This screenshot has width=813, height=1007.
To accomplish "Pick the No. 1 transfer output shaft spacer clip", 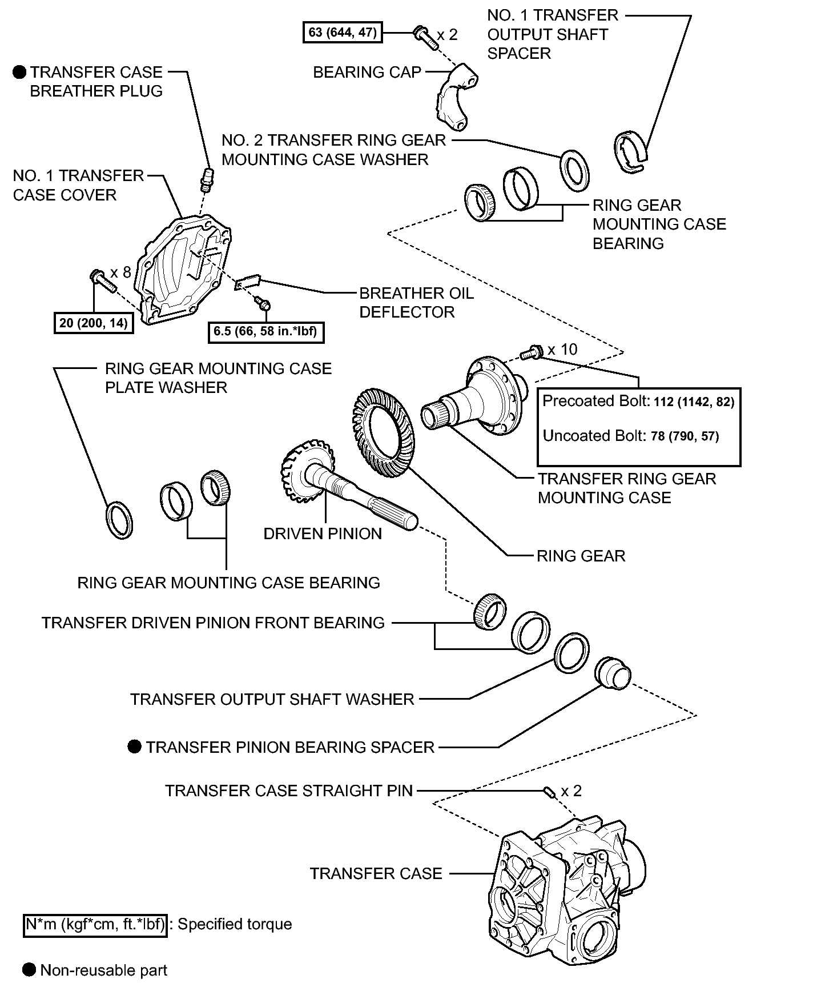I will coord(630,152).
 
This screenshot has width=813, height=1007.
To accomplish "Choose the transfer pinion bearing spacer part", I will coord(613,672).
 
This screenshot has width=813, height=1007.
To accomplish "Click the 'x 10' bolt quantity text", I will coord(562,349).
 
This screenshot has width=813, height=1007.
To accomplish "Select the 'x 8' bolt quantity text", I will coord(120,272).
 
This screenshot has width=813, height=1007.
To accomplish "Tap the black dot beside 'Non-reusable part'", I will coord(29,969).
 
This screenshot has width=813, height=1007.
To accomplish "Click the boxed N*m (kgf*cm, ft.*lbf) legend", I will coord(95,924).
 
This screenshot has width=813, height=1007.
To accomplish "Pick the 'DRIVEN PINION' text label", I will coord(323,533).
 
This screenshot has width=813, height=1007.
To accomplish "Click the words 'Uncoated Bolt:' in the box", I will coord(594,436).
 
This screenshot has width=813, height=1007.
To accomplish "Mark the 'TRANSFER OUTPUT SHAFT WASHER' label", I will coord(272,699).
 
